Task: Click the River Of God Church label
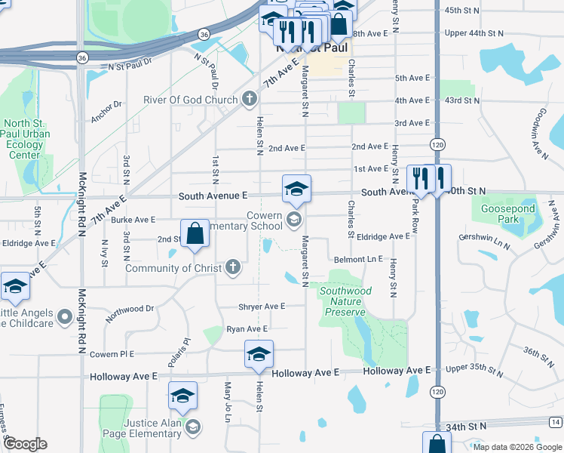pos(191,100)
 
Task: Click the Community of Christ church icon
pos(234,267)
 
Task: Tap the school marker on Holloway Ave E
pos(259,355)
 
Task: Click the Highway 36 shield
pos(204,35)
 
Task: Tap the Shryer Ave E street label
pos(262,307)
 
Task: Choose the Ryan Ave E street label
pos(247,329)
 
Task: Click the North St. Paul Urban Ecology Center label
pos(24,140)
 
